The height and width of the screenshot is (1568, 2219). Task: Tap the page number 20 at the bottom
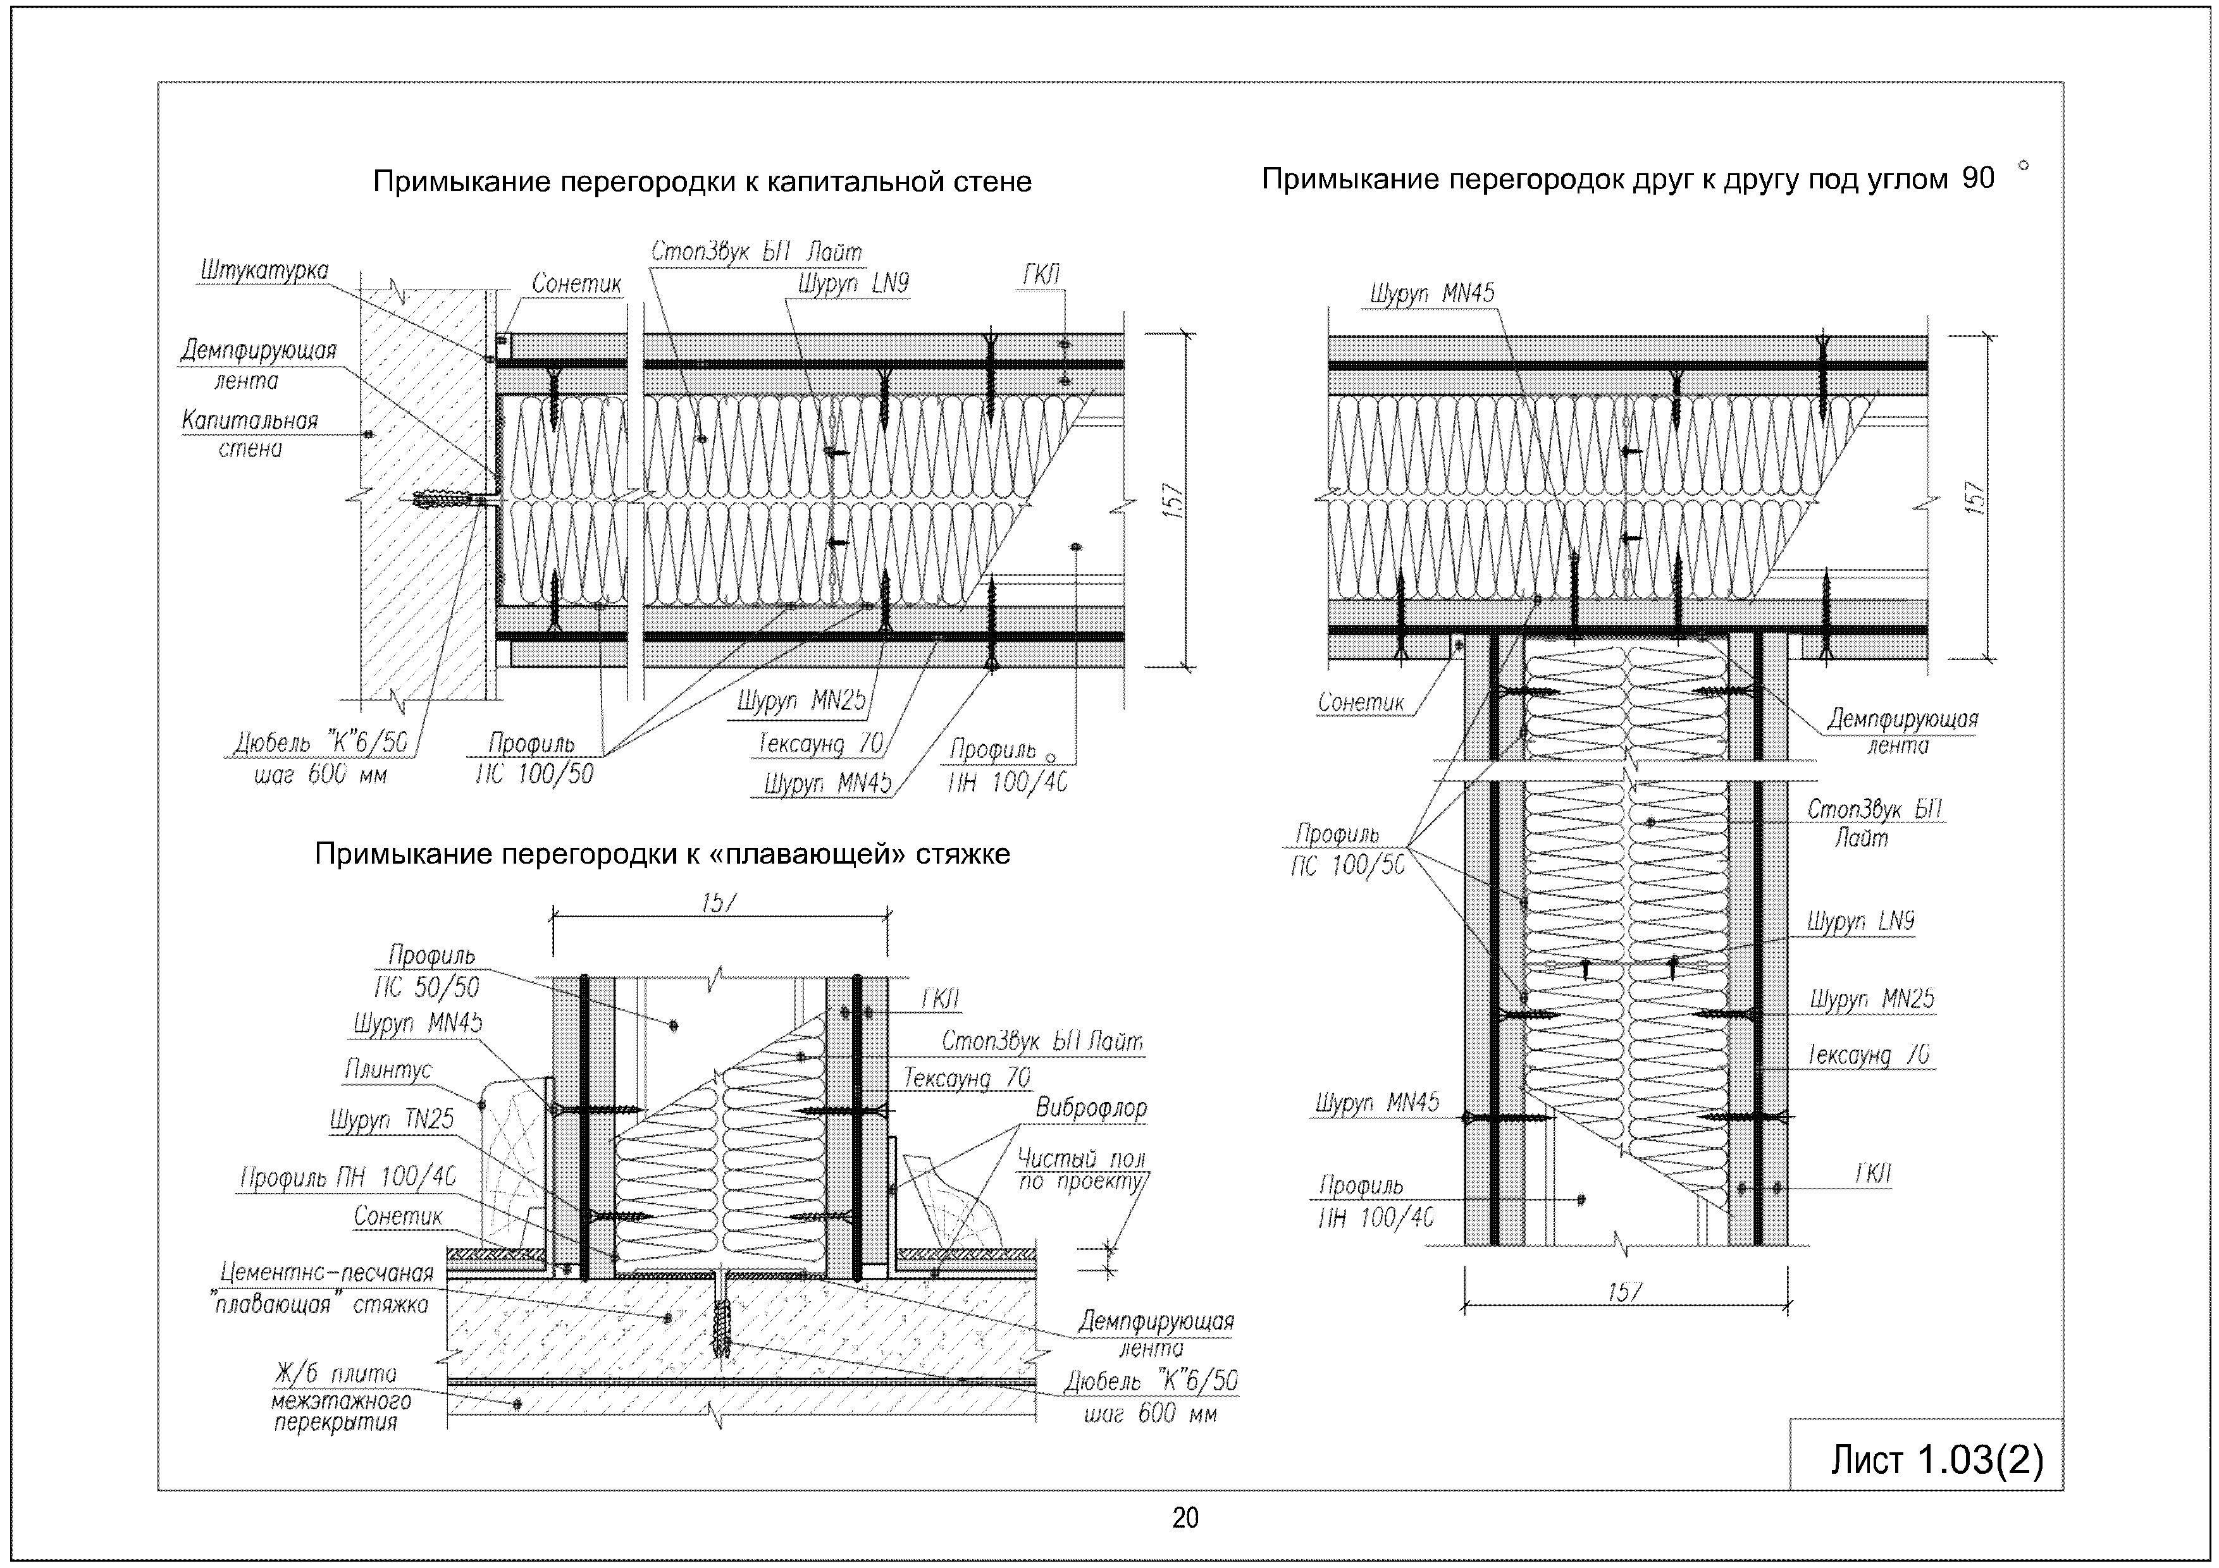click(1185, 1519)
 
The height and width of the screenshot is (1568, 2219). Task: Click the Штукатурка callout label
click(264, 271)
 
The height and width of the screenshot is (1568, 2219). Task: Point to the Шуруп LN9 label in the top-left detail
click(853, 284)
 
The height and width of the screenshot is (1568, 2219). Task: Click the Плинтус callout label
click(388, 1070)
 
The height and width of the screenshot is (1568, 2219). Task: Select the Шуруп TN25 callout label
click(392, 1120)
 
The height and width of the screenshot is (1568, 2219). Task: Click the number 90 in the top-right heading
click(1977, 179)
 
